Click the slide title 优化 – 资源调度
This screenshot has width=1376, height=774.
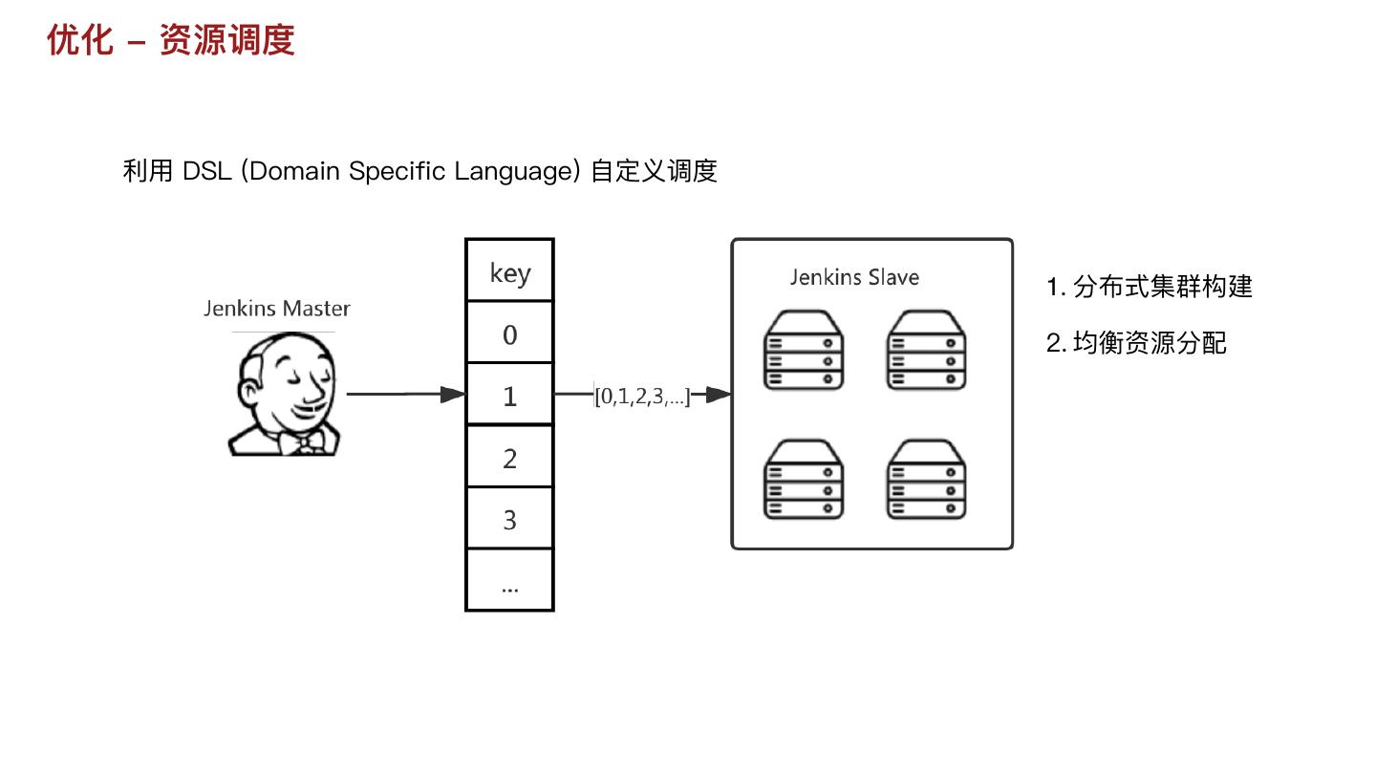tap(170, 40)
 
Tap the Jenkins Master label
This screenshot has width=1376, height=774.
tap(276, 309)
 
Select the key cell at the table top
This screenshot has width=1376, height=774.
tap(509, 272)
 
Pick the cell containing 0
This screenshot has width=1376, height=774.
tap(509, 334)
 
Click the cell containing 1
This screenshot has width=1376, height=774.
tap(509, 396)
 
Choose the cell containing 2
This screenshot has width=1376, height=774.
tap(509, 458)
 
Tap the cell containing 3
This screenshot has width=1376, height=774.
tap(509, 520)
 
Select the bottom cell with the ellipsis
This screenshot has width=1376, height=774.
tap(509, 581)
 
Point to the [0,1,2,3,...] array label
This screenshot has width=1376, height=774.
tap(642, 396)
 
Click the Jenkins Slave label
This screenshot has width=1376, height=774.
tap(854, 278)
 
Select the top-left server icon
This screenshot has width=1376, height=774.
tap(804, 350)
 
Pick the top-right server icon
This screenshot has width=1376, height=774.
tap(926, 350)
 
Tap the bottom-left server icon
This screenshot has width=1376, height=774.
tap(804, 480)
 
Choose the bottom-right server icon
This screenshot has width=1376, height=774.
tap(926, 480)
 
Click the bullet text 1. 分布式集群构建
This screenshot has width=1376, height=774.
tap(1149, 287)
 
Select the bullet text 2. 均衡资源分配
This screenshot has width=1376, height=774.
tap(1136, 343)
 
